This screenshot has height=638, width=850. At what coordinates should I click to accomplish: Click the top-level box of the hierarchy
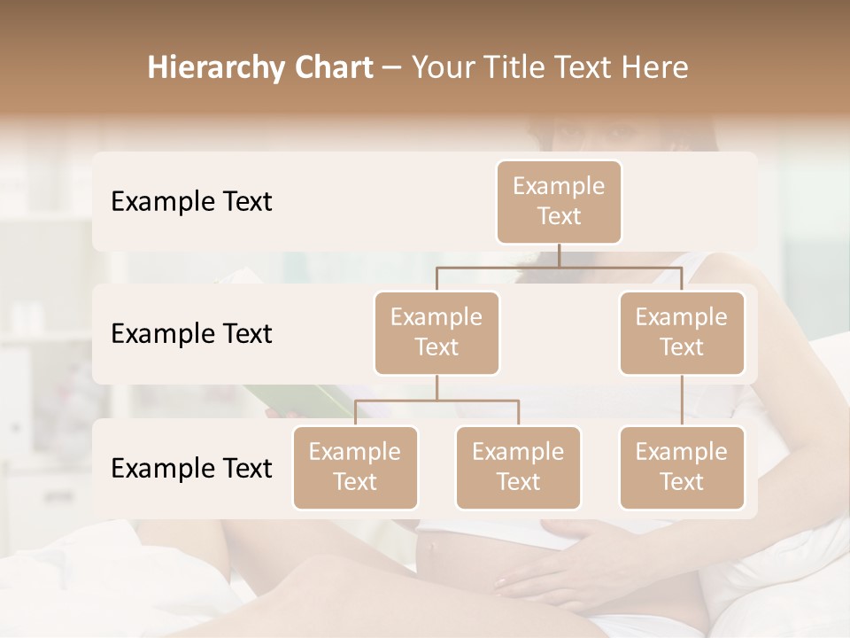pos(559,201)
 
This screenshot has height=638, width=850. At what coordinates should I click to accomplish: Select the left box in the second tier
pos(437,332)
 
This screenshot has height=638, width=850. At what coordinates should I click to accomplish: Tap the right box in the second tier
pos(682,332)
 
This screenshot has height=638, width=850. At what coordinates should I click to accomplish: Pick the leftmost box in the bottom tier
pos(355,467)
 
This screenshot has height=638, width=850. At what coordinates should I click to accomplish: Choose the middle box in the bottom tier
pos(518,467)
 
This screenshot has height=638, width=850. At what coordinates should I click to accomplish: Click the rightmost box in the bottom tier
pos(682,467)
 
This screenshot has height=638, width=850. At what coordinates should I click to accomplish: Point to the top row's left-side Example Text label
pos(191,202)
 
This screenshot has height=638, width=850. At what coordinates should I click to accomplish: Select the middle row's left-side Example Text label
pos(191,334)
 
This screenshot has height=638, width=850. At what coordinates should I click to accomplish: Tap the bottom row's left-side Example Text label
pos(191,469)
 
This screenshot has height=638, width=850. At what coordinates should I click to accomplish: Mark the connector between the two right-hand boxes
pos(682,400)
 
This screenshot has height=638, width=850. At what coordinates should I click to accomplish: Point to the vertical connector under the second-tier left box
pos(437,387)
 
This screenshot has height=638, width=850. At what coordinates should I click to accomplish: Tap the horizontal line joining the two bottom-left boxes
pos(437,401)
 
